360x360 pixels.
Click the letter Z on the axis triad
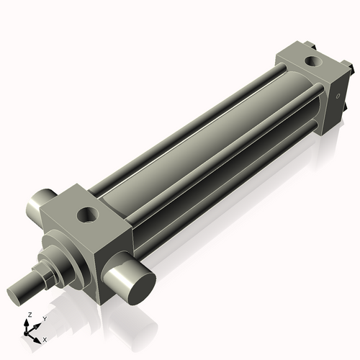tap(28, 315)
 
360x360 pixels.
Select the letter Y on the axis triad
tap(45, 318)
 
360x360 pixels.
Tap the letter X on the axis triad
tap(45, 338)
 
